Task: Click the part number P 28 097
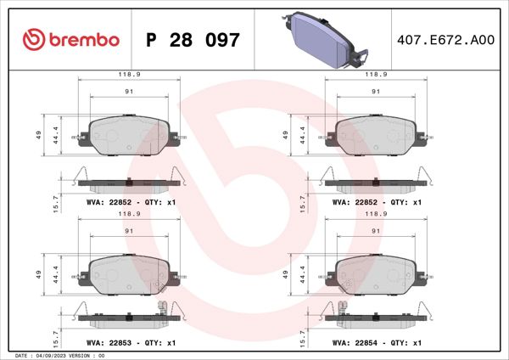click(x=193, y=40)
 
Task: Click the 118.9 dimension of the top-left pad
click(x=129, y=75)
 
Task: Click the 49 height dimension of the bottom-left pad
click(x=39, y=273)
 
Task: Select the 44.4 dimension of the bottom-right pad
click(x=302, y=273)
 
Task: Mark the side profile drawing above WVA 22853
click(x=128, y=315)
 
